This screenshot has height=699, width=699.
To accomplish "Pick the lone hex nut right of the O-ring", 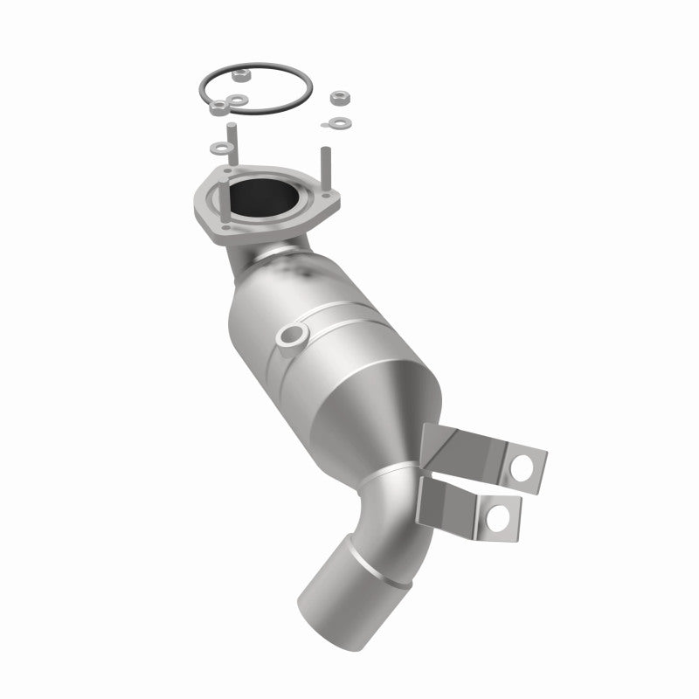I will [340, 97].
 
